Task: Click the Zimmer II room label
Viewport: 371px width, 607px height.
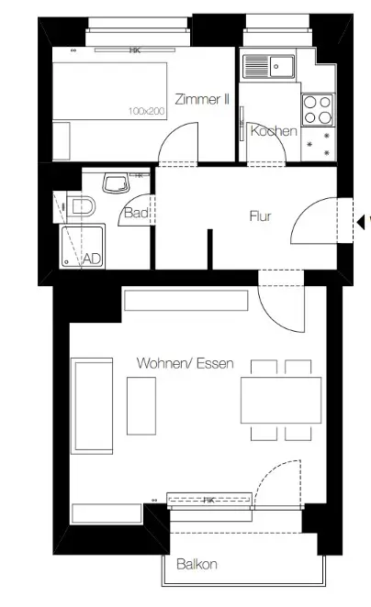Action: point(201,100)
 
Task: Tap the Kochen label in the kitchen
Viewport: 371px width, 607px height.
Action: point(274,131)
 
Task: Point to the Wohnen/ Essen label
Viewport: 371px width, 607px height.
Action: point(185,364)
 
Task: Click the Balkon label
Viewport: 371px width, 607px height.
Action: point(197,565)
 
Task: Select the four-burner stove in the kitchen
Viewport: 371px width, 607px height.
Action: point(318,110)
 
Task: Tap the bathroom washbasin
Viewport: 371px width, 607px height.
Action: point(118,183)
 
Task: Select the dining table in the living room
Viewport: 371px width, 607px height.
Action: point(280,399)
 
